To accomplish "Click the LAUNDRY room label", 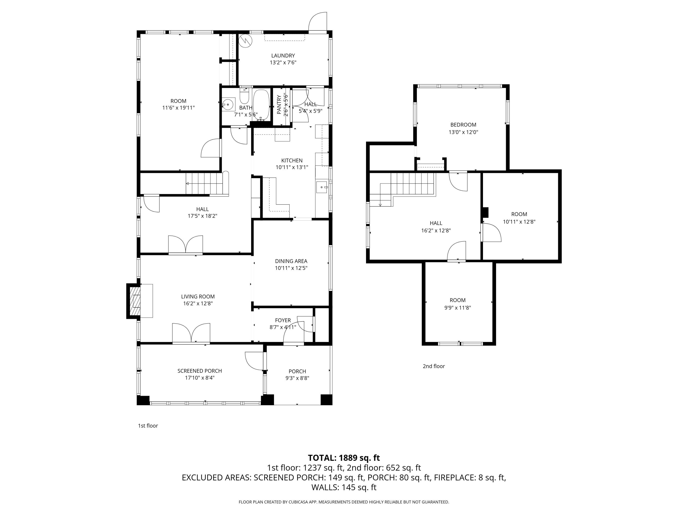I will tap(283, 56).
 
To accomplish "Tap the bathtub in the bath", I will tap(261, 105).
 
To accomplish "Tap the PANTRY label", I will tap(279, 105).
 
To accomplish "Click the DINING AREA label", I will tap(291, 261).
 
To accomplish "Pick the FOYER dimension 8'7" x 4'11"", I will tap(283, 327).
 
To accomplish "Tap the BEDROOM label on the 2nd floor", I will tap(463, 125).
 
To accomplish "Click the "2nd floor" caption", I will tap(434, 366).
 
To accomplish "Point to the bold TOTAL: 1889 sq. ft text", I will tap(344, 458).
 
